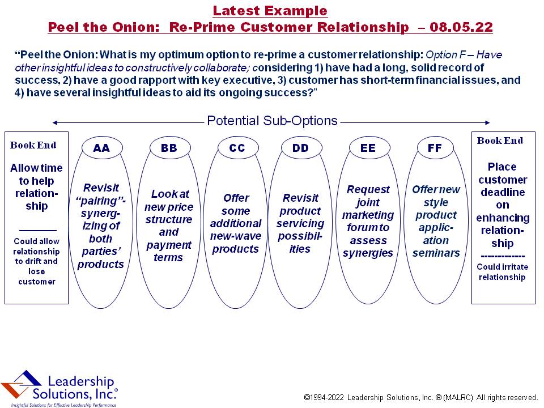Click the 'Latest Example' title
(270, 11)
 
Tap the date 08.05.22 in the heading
(461, 27)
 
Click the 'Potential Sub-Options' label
(272, 121)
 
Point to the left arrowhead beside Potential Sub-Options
(54, 122)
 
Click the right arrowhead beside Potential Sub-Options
(487, 122)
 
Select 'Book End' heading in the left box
(33, 145)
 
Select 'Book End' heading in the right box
(500, 141)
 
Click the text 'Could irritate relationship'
(503, 272)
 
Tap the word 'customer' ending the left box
(37, 282)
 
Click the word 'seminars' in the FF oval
(436, 253)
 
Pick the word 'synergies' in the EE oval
(368, 253)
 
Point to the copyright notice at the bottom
(420, 397)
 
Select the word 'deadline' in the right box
(503, 192)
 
